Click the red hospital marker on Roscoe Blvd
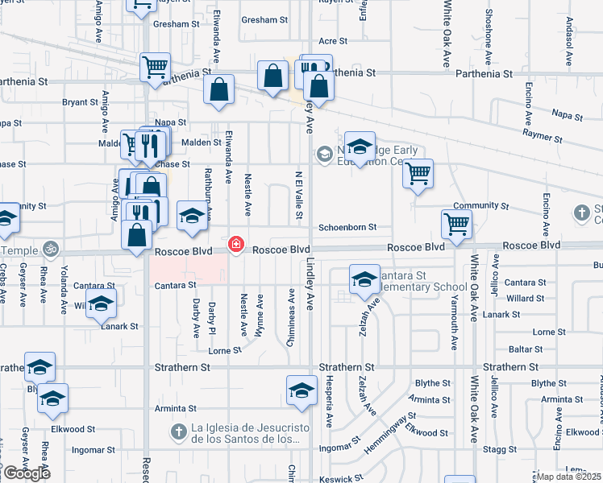pos(236,244)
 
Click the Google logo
pos(27,473)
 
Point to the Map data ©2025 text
pos(569,477)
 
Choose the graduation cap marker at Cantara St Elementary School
pos(364,278)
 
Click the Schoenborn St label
pos(348,228)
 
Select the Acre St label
pos(333,40)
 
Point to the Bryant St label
pos(80,102)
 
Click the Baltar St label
pos(526,349)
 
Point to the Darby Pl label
pos(212,319)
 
